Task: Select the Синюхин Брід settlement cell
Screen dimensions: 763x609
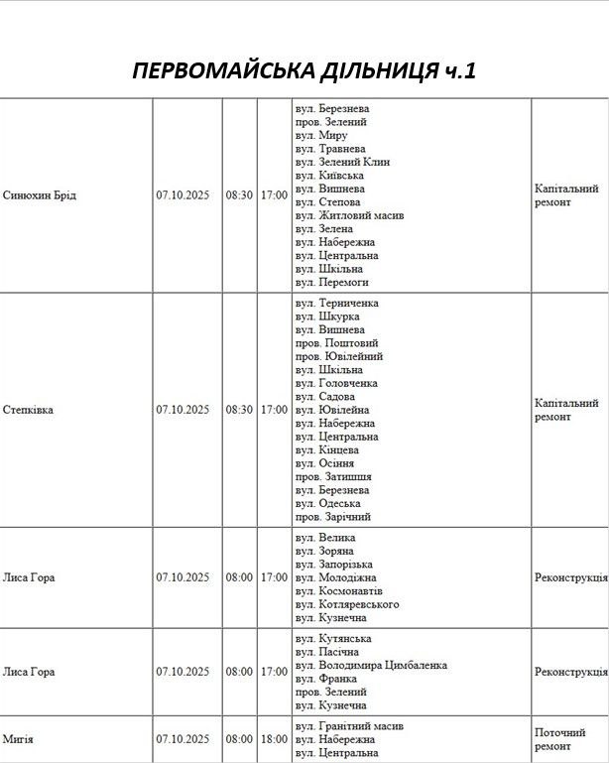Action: pos(40,194)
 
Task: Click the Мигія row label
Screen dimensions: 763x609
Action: pos(18,738)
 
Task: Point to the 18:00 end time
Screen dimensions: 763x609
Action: pos(274,738)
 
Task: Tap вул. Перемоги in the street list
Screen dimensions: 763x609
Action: pos(331,282)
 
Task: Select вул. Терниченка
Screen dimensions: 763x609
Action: pos(337,303)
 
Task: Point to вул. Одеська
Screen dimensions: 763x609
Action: pos(327,503)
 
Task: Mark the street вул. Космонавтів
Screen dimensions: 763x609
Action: pos(338,590)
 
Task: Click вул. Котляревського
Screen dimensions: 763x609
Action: pos(347,604)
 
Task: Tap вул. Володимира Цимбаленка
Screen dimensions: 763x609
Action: pos(371,665)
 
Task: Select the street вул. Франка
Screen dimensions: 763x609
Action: pos(324,679)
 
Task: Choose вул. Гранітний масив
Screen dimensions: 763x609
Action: pos(349,725)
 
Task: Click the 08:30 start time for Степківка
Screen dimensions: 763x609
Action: pos(239,410)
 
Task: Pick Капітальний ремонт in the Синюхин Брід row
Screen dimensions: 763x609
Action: pos(566,194)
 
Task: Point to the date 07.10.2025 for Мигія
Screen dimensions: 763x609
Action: pos(183,738)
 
